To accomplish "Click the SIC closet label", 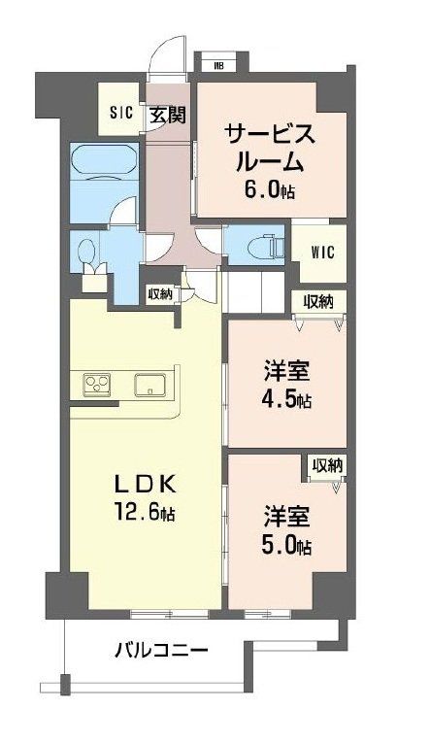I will pos(120,112).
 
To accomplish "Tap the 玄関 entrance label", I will pos(167,115).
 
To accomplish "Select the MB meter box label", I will pos(219,66).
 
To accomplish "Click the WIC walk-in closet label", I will pos(322,252).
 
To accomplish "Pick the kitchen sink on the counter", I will pos(150,384).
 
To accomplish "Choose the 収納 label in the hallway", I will pos(160,294).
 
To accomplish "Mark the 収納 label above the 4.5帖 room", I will pos(317,301).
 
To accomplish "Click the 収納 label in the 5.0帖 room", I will pos(327,466).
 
